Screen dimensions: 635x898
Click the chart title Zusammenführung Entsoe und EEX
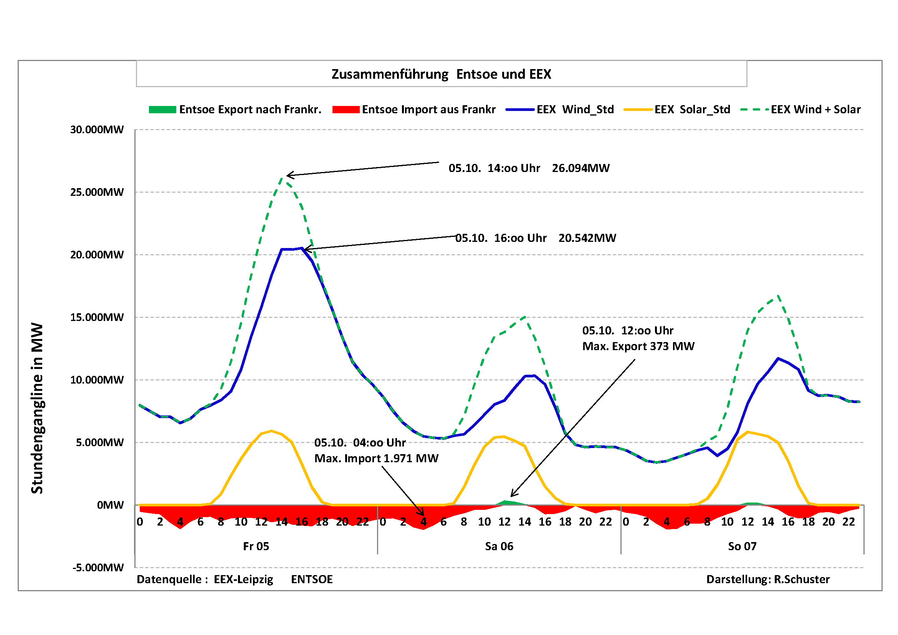coord(441,74)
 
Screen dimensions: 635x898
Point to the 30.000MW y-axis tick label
coord(97,130)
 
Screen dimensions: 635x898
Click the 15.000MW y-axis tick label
coord(97,317)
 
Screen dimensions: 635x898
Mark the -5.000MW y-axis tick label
coord(98,568)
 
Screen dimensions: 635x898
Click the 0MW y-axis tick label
coord(110,505)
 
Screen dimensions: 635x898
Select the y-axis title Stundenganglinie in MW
coord(37,408)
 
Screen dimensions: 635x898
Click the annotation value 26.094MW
coord(580,169)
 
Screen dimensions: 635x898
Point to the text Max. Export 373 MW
coord(638,346)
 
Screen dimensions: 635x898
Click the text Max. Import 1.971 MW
coord(376,458)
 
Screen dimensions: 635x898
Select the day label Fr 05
coord(256,547)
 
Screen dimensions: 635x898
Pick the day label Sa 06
coord(499,547)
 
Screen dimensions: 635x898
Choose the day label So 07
coord(742,547)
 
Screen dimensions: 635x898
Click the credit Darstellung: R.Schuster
coord(767,579)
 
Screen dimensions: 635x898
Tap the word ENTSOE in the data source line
coord(312,579)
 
